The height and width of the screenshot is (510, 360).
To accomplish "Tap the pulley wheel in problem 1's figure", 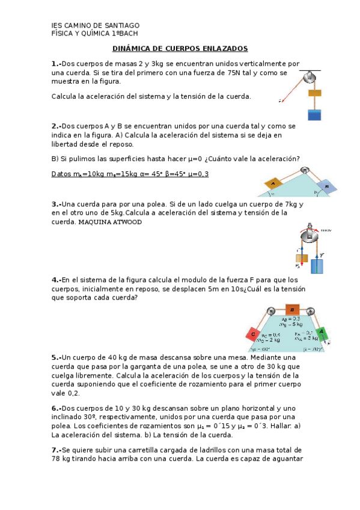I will click(x=311, y=76).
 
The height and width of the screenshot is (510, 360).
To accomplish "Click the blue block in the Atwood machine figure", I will click(x=317, y=265).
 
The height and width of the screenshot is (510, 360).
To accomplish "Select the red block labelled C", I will click(x=253, y=334).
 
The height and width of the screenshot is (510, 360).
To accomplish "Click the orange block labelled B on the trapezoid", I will click(x=291, y=309).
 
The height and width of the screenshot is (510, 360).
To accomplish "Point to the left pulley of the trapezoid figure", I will click(x=272, y=311).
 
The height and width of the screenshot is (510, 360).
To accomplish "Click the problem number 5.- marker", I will click(x=56, y=356).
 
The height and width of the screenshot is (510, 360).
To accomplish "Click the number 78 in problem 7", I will click(x=57, y=459).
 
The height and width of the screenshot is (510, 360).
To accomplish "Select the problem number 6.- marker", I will click(x=56, y=407).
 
